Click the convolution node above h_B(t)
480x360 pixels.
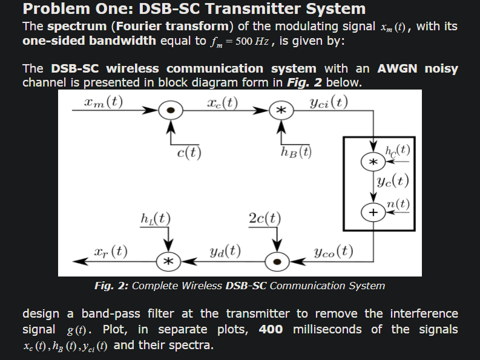[280, 111]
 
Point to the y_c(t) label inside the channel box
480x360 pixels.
[392, 180]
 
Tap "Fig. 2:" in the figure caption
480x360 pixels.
[111, 286]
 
